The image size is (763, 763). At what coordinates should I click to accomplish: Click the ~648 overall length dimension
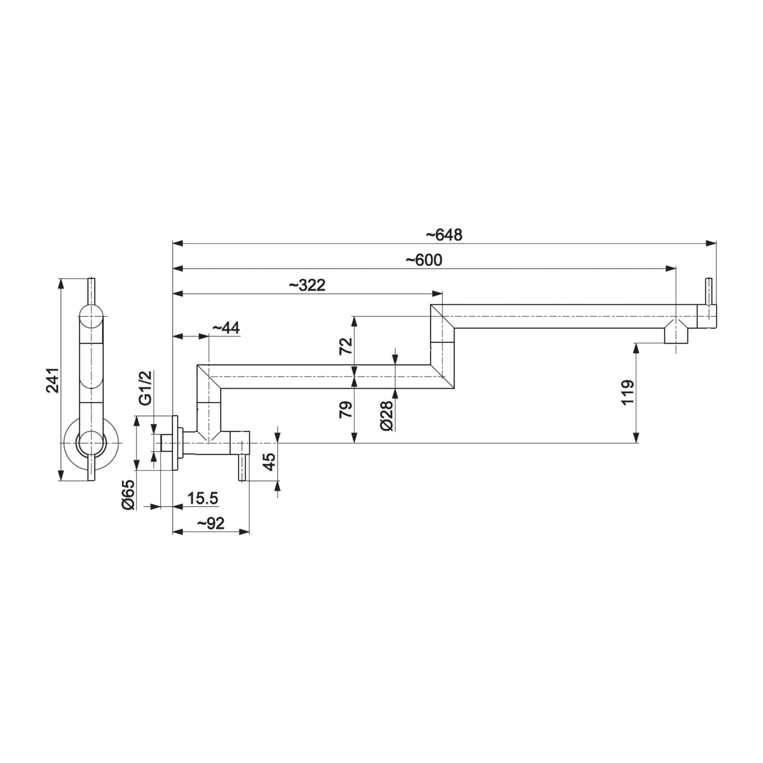[444, 235]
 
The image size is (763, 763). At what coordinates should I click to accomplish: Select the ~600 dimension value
[424, 260]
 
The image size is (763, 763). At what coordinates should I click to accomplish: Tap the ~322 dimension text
[307, 285]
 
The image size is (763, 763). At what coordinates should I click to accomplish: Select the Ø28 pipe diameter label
[387, 416]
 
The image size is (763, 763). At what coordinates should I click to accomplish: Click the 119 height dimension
[628, 392]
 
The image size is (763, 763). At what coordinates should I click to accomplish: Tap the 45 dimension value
[270, 461]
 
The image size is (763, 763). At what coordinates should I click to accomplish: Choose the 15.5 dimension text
[202, 498]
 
